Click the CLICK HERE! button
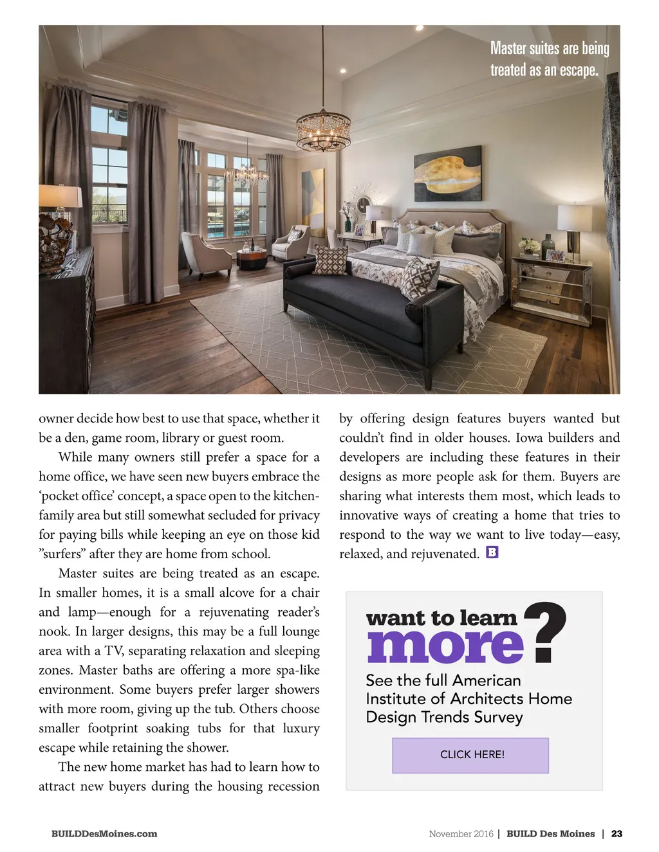tap(470, 755)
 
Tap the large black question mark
tap(545, 631)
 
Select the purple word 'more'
tap(445, 646)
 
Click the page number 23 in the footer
tap(617, 834)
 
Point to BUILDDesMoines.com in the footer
tap(104, 834)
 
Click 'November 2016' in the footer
tap(461, 834)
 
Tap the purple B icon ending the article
tap(492, 552)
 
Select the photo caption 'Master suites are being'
tap(549, 49)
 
